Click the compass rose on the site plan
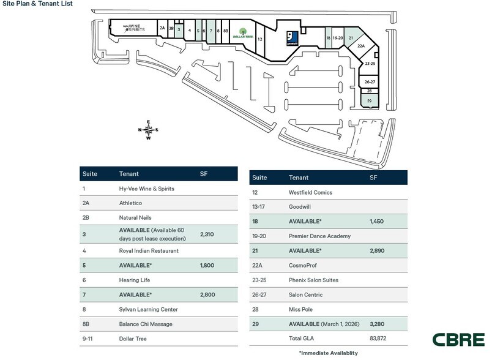click(x=148, y=129)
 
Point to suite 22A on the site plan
click(x=360, y=46)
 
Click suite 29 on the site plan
click(x=369, y=100)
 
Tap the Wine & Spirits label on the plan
click(x=132, y=28)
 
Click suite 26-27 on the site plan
click(x=370, y=81)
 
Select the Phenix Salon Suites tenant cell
click(x=313, y=280)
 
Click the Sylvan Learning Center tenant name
click(x=147, y=309)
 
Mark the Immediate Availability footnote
click(x=328, y=353)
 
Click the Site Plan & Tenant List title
click(x=37, y=4)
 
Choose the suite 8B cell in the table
click(x=85, y=324)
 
